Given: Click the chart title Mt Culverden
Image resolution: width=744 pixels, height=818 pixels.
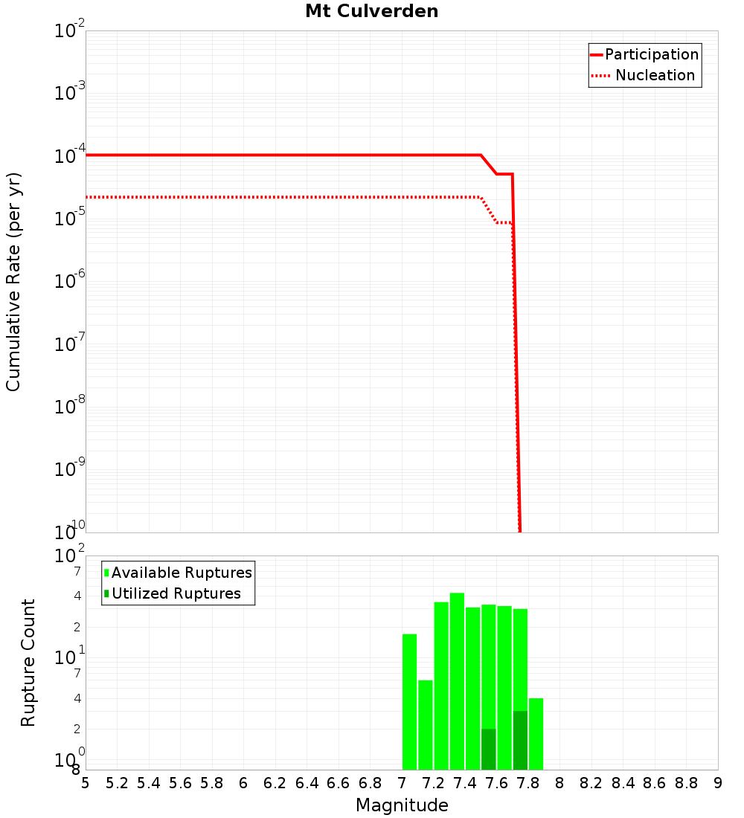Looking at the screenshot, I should point(371,11).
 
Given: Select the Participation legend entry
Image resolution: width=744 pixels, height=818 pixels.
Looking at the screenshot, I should point(651,54).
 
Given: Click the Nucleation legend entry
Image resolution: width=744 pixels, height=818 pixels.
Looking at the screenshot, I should point(654,75).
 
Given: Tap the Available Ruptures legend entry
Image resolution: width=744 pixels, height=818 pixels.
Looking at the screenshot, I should point(182,573).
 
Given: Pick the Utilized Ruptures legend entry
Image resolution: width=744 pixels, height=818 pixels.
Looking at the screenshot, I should point(176,593).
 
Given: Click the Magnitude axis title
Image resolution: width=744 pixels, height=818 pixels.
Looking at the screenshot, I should point(402,805).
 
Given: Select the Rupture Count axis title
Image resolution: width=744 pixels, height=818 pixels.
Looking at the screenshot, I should point(28,663).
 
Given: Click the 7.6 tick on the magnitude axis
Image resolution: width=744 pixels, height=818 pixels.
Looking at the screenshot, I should point(496,783).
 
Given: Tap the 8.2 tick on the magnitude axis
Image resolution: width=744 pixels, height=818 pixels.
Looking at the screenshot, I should point(591,783).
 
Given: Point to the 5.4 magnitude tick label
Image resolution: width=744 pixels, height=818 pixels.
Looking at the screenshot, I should point(149,783).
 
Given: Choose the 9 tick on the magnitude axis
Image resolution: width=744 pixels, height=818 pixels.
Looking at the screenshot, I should point(717,783).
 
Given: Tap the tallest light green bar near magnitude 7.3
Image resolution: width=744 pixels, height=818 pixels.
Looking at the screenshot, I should point(457,680).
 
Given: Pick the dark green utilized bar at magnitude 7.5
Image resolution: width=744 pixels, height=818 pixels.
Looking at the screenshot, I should point(488,749).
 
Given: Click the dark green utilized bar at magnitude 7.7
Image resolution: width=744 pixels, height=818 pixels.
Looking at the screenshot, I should point(520,740).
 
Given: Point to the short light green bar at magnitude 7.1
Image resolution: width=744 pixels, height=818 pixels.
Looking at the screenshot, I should point(425,724).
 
